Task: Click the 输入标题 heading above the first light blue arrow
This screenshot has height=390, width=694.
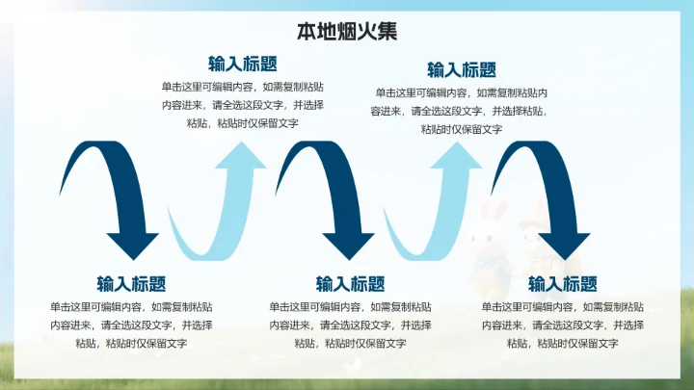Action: click(x=243, y=64)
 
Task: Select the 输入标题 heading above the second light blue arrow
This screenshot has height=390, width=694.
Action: click(x=462, y=69)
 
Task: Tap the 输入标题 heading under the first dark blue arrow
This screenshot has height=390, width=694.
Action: click(x=131, y=284)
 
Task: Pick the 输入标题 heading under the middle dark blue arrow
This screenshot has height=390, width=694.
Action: click(x=351, y=284)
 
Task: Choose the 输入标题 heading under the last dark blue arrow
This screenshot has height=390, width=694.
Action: click(x=563, y=284)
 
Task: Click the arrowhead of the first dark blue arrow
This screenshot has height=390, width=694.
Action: click(x=132, y=245)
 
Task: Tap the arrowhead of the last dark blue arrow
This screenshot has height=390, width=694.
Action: click(x=563, y=245)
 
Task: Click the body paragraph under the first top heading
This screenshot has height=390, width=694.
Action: click(x=243, y=105)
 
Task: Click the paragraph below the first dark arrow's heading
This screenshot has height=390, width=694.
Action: click(x=131, y=325)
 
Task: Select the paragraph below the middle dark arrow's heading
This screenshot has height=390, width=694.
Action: click(x=351, y=325)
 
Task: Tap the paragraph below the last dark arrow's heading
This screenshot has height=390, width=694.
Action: click(x=563, y=325)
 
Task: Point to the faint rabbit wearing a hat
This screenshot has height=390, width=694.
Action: click(x=531, y=231)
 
